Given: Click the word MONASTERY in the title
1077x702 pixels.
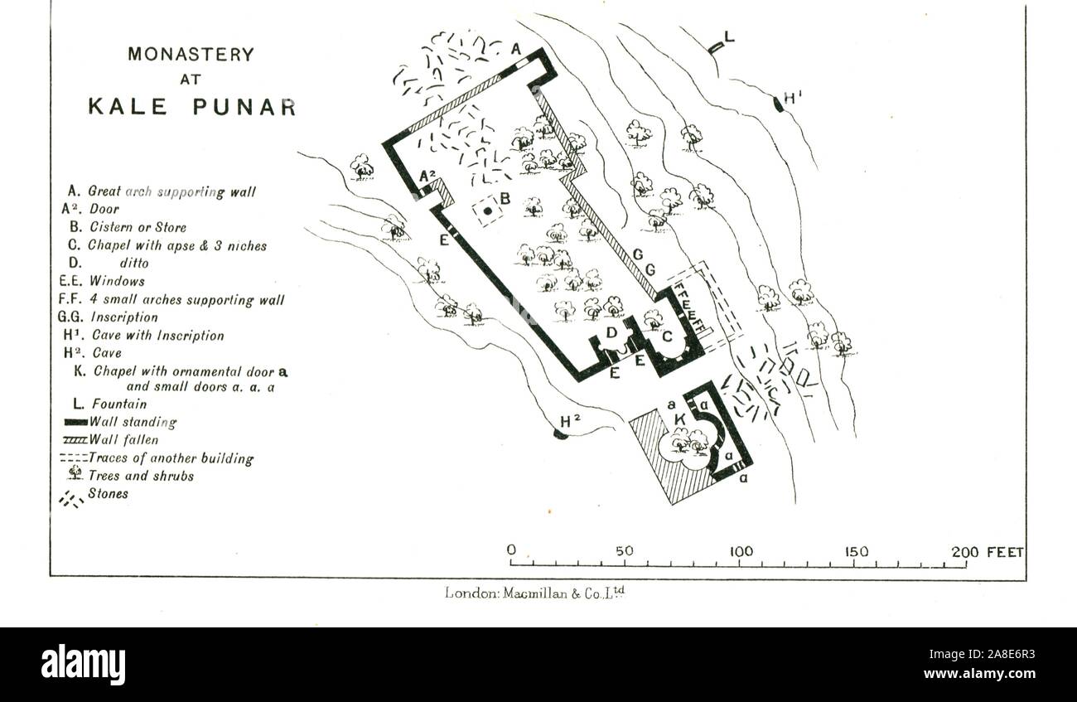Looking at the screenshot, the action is coord(191,55).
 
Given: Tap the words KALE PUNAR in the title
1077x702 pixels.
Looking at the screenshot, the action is coord(192,107).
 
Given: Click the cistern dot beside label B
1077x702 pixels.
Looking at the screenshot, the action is coord(488,211).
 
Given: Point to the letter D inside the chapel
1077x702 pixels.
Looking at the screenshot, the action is coord(611,332).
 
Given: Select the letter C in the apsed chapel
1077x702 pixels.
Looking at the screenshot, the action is coord(667,336).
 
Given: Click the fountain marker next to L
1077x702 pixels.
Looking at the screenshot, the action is coord(716,47).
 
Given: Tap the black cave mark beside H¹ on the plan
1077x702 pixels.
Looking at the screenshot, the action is coord(778,104).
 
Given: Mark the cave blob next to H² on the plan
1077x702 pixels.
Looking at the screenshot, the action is coord(560,434).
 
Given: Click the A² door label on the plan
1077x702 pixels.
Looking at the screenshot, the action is coord(427,177).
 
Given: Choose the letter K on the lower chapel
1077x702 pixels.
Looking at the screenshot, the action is coord(680,420).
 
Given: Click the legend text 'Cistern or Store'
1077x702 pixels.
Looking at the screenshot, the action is coord(138,227).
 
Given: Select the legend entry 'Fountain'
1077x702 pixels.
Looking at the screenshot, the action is coord(119,404).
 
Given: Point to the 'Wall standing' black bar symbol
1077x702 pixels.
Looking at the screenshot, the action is coord(75,423).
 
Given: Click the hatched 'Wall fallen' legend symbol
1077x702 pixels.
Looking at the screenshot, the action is coord(75,440).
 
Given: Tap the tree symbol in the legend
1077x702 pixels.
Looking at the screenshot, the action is coord(75,473).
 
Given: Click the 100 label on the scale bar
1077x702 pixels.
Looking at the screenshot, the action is coord(741,552).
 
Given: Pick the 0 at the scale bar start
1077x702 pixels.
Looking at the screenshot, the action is coord(511,550).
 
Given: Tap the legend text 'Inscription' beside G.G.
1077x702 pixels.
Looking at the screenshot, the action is coord(124,317).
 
